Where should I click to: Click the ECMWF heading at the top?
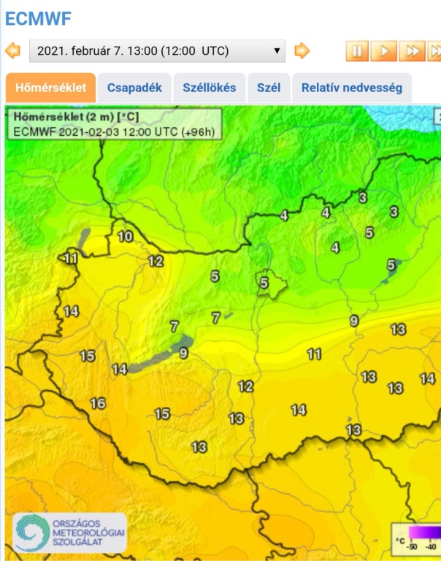[x=38, y=18]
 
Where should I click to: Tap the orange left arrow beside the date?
[x=12, y=50]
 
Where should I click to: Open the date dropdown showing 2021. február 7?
[x=157, y=51]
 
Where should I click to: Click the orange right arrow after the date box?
[x=302, y=50]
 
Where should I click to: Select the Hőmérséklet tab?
[x=50, y=88]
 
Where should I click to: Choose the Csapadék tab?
[x=134, y=88]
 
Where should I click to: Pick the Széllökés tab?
[x=210, y=88]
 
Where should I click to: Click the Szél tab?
[x=269, y=88]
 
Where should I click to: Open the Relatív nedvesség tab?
[x=352, y=88]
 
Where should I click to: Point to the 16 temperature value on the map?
[x=97, y=403]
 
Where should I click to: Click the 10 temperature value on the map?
[x=126, y=236]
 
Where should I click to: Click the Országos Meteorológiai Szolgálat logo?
[x=70, y=532]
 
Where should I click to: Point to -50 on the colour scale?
[x=413, y=546]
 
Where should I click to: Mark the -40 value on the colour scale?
[x=432, y=546]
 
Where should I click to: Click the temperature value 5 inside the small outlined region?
[x=264, y=282]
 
